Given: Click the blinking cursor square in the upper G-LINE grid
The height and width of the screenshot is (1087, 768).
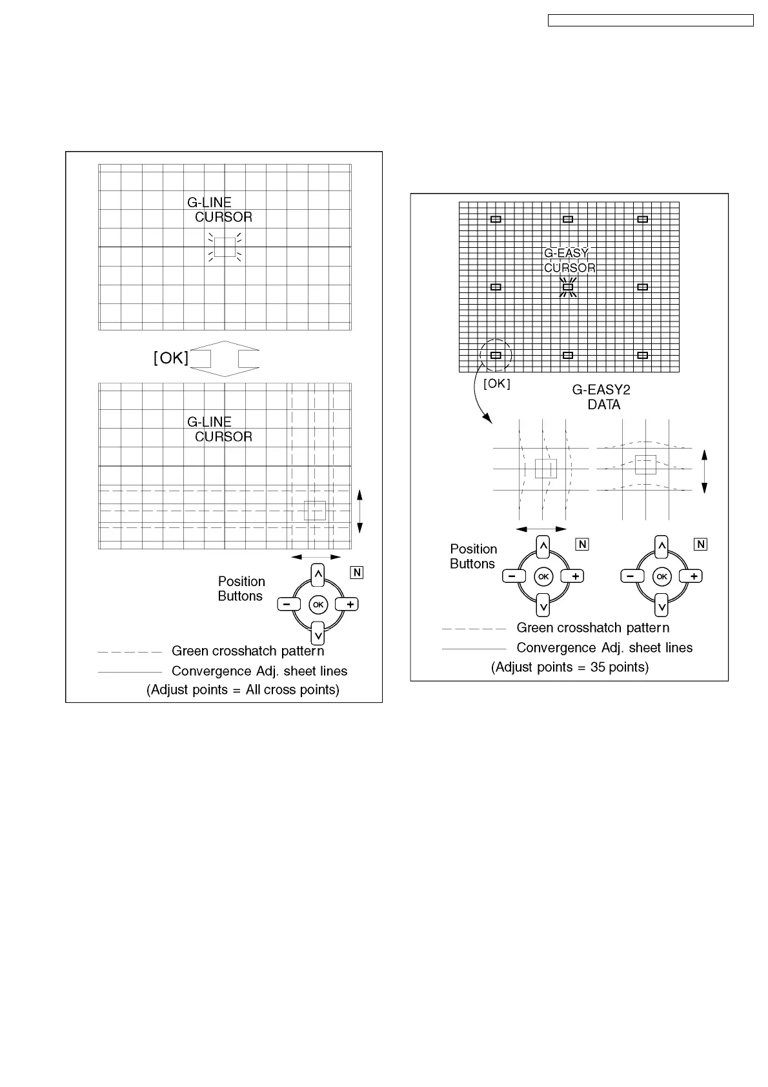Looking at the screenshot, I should coord(225,247).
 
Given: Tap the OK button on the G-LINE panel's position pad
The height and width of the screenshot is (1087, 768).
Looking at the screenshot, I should coord(318,605).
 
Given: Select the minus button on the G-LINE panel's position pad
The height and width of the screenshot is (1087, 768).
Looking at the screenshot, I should coord(288,605).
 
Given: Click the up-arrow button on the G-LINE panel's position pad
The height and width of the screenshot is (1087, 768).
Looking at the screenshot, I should coord(318,574).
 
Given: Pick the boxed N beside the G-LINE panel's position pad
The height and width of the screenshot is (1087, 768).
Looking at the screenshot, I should coord(357,573).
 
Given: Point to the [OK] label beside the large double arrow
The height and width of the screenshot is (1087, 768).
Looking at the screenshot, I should coord(171,358).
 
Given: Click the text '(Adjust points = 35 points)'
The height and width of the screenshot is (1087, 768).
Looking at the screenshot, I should coord(570,667).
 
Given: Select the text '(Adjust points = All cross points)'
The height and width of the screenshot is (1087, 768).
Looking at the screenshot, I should coord(243,690).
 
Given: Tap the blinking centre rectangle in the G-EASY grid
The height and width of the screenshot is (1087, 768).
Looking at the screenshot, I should coord(568,287).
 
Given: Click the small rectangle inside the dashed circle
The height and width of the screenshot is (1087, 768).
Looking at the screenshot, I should coord(496,356).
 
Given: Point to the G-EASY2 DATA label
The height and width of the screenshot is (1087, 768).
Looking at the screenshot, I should coord(601,397).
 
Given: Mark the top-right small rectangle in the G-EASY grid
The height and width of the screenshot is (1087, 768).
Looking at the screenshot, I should coord(642,219).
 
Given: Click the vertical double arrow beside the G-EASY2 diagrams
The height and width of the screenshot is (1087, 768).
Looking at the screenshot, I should coord(705,472).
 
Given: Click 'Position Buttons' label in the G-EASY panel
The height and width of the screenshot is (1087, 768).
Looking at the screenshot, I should coord(473,556).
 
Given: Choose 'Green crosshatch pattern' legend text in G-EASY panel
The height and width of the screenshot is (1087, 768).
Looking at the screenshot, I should coord(592,628).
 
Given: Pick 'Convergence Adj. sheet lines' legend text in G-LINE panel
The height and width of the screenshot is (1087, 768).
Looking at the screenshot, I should coord(259,671).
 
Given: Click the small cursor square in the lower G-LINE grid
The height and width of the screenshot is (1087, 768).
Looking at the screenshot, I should coord(315,511).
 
